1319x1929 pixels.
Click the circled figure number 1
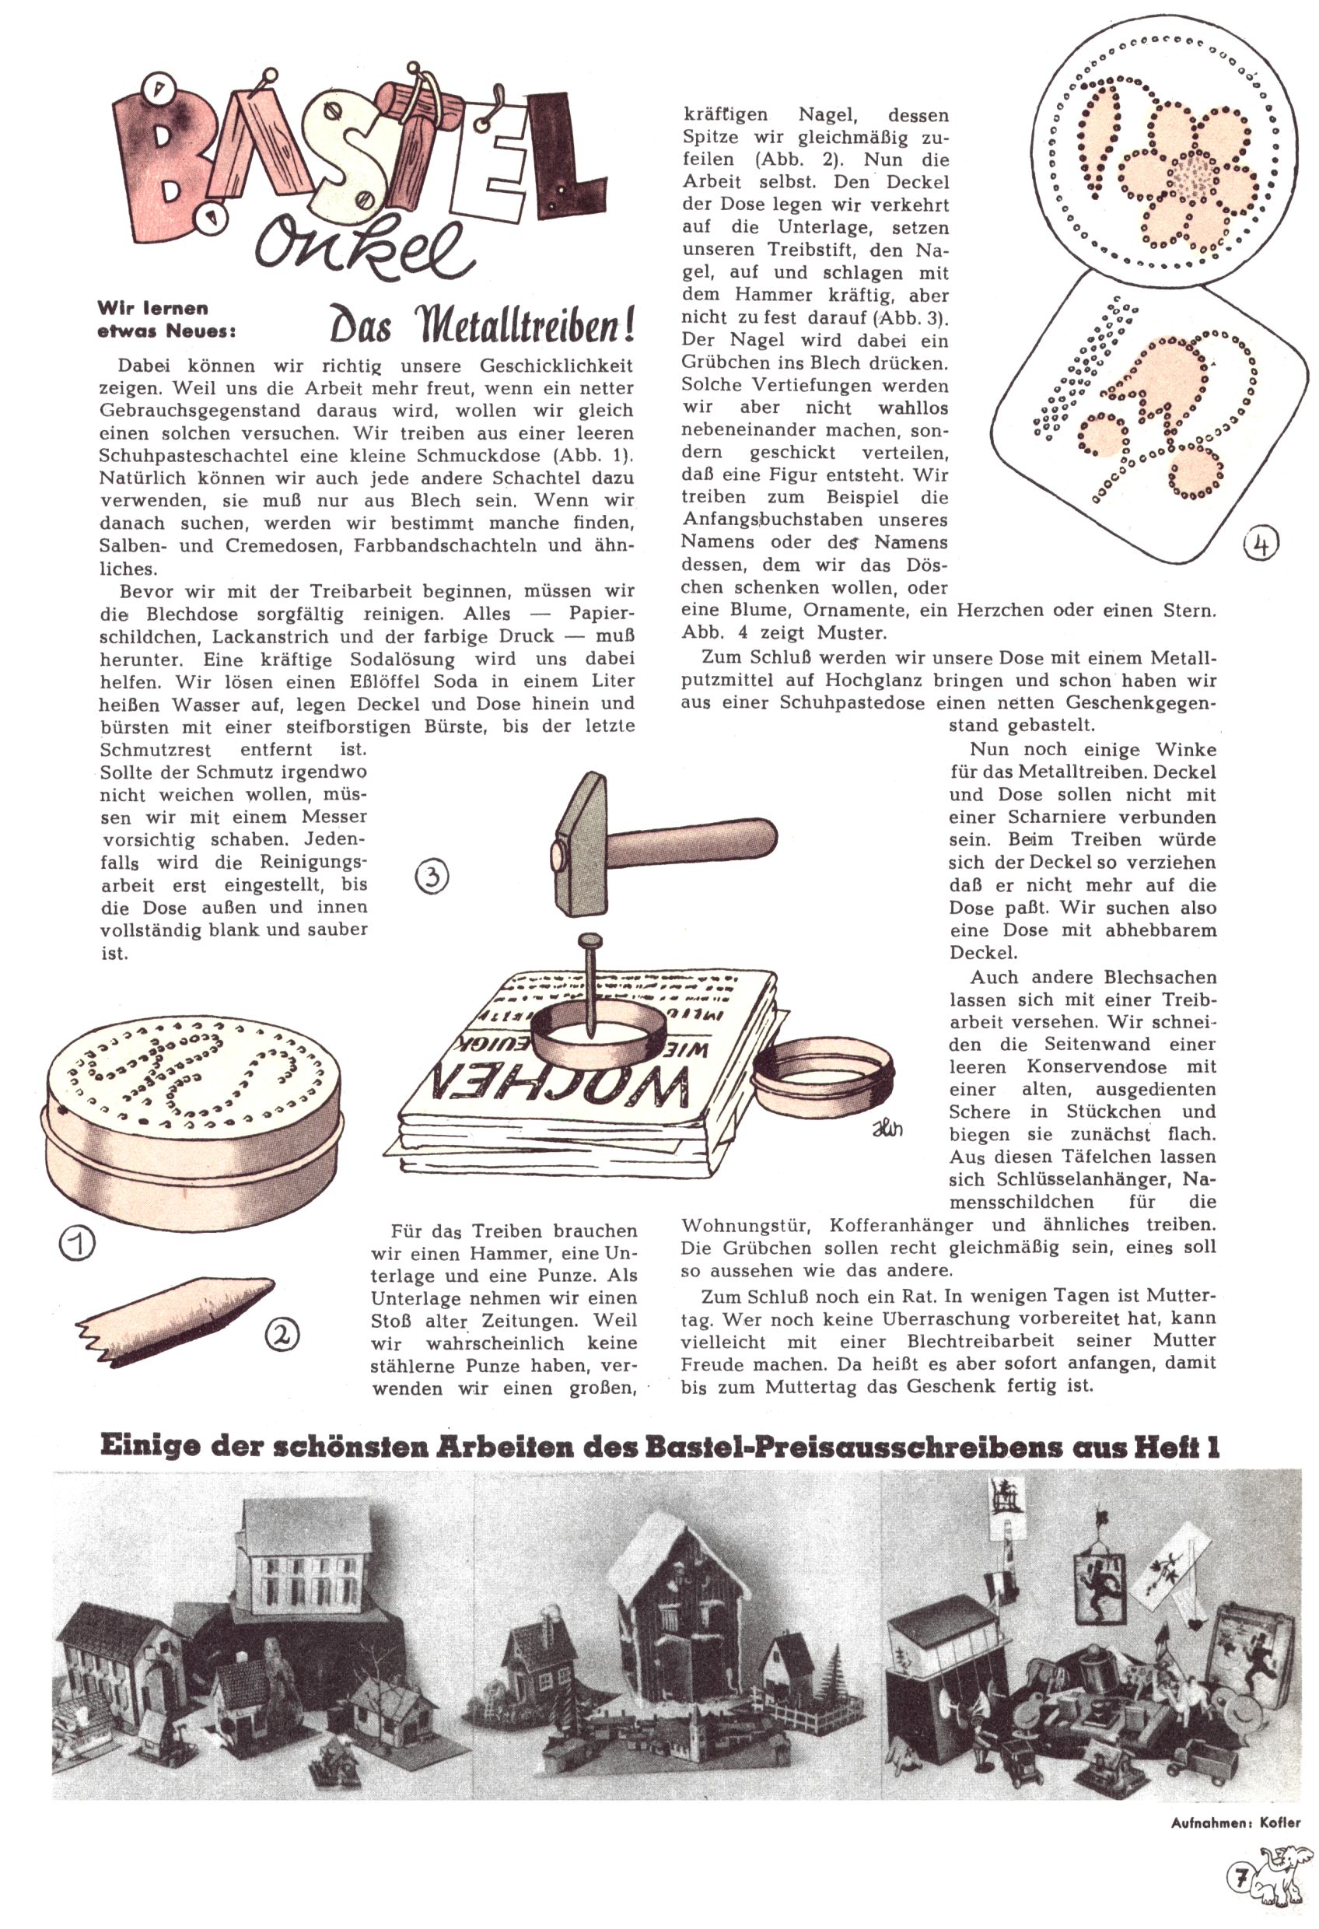75,1241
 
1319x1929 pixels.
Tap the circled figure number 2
282,1334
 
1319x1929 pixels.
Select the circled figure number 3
432,877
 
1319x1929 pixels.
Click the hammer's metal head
581,841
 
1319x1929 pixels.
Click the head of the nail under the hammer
590,941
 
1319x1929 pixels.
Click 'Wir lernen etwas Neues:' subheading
166,320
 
